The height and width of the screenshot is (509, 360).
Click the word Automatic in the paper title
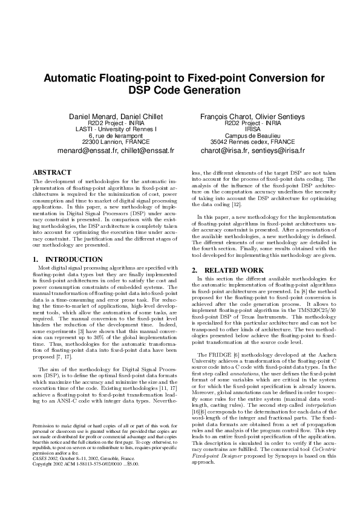tap(71, 79)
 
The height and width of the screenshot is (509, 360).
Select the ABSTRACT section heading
tap(51, 172)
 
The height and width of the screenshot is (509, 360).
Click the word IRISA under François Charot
tap(253, 129)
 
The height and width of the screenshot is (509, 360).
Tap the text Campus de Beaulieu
tap(253, 135)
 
